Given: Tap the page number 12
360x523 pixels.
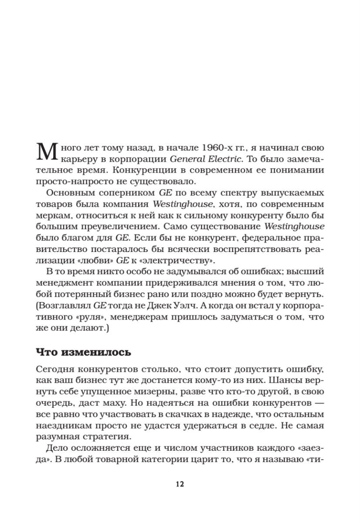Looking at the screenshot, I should tap(180, 484).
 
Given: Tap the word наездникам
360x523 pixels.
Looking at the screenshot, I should tap(58, 425).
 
